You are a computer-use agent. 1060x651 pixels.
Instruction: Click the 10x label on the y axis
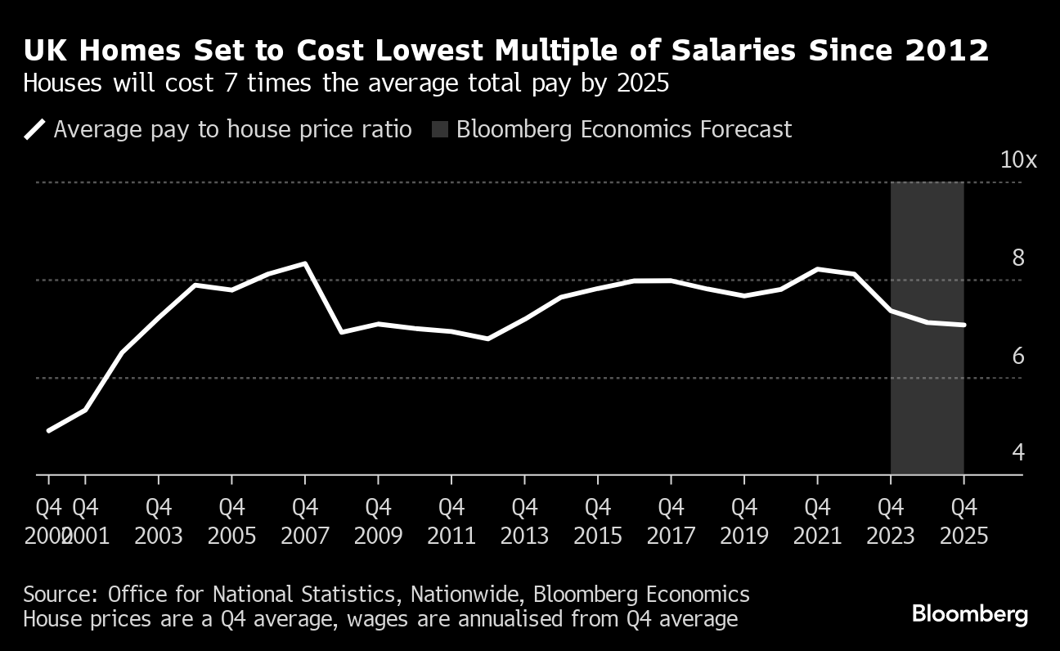[1018, 160]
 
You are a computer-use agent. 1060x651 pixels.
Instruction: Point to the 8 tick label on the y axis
[1018, 258]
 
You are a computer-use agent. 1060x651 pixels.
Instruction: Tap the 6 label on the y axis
[1018, 357]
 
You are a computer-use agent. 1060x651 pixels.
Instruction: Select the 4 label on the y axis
[1018, 452]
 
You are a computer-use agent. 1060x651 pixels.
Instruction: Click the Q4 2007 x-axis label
[305, 521]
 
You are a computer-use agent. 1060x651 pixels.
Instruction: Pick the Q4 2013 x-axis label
[524, 521]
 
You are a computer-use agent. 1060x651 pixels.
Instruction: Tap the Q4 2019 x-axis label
[743, 521]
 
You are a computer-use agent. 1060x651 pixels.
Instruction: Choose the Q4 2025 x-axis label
[963, 521]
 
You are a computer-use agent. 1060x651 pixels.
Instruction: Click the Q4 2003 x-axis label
[159, 521]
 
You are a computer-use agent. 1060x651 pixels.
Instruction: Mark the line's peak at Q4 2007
[305, 263]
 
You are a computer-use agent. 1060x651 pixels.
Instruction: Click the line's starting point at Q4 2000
[49, 430]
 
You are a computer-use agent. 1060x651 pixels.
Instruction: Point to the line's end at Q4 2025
[963, 325]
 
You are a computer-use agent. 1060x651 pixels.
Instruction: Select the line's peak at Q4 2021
[817, 268]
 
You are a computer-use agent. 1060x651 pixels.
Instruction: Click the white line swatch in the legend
[35, 130]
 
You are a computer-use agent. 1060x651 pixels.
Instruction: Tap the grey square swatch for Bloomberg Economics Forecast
[440, 129]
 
